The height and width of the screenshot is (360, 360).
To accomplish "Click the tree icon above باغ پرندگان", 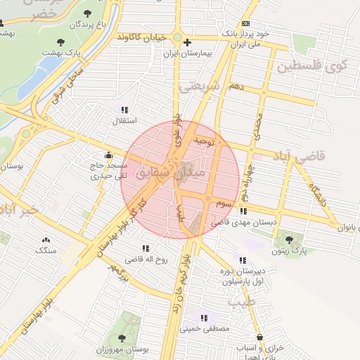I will (x=87, y=13).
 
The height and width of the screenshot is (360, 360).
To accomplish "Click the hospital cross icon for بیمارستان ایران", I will (x=187, y=43).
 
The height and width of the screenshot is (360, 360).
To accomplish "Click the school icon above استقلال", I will (x=124, y=110).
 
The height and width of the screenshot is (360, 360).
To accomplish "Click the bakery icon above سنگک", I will (x=46, y=239).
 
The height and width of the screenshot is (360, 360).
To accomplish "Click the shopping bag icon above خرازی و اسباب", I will (x=260, y=337).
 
